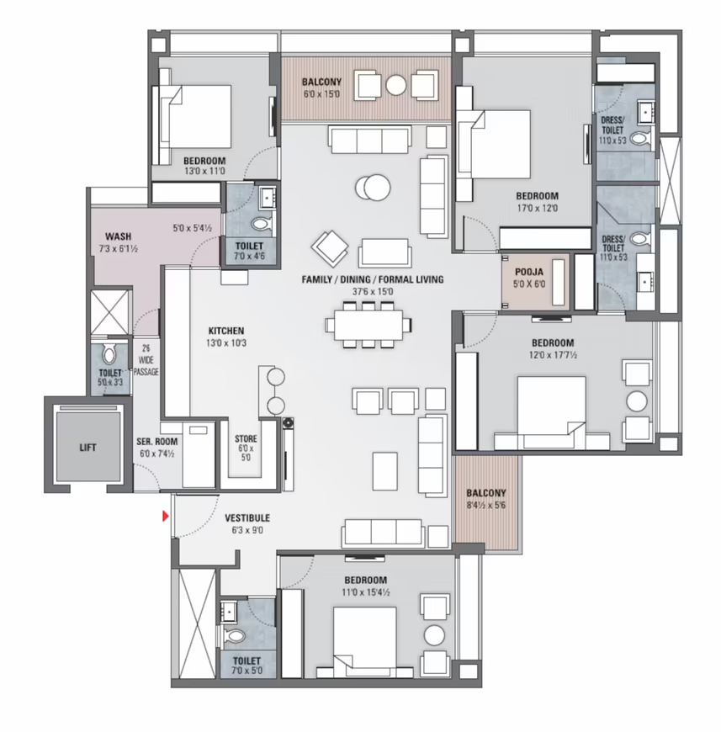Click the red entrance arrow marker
pyautogui.click(x=165, y=516)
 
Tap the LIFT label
pyautogui.click(x=87, y=448)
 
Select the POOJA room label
pyautogui.click(x=529, y=272)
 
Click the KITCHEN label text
pyautogui.click(x=225, y=331)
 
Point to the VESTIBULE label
pyautogui.click(x=247, y=517)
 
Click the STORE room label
pyautogui.click(x=246, y=439)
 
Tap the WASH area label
pyautogui.click(x=118, y=236)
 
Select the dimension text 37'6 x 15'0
pyautogui.click(x=373, y=292)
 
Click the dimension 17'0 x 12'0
pyautogui.click(x=537, y=208)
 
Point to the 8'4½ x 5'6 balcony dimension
pyautogui.click(x=485, y=505)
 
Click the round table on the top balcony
pyautogui.click(x=395, y=86)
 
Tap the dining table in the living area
pyautogui.click(x=368, y=325)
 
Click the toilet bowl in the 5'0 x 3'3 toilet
pyautogui.click(x=109, y=355)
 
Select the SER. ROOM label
pyautogui.click(x=156, y=441)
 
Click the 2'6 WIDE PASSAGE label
pyautogui.click(x=146, y=360)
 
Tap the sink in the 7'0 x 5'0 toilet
pyautogui.click(x=229, y=611)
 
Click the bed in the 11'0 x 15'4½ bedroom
pyautogui.click(x=364, y=642)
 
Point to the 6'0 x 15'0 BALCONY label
pyautogui.click(x=321, y=82)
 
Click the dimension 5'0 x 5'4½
pyautogui.click(x=193, y=228)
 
